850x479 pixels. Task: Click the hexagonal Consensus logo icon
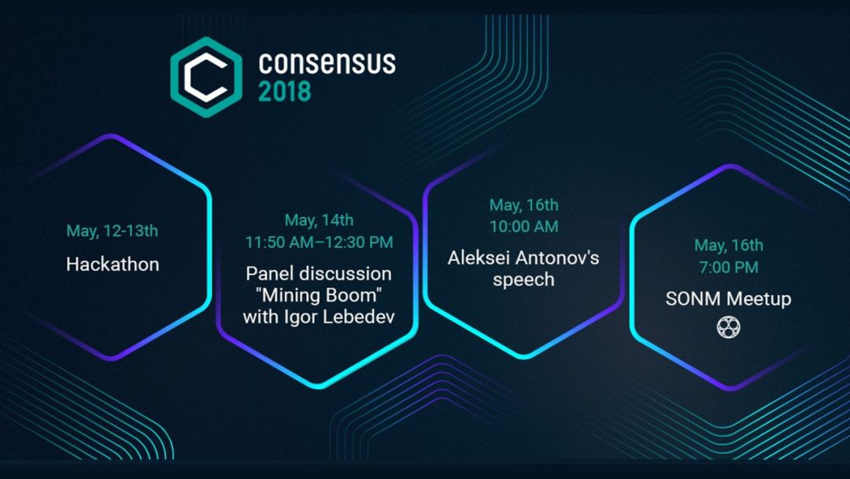[x=206, y=77]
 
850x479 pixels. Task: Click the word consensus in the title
[x=327, y=63]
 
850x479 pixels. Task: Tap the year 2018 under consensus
[x=285, y=91]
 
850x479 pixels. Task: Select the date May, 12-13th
[x=113, y=231]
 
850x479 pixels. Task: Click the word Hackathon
[x=113, y=264]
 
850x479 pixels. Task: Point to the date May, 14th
[x=319, y=221]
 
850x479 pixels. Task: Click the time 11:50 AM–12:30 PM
[x=319, y=242]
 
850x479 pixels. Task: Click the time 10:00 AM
[x=523, y=226]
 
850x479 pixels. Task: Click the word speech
[x=523, y=280]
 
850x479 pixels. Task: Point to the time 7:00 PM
[x=729, y=267]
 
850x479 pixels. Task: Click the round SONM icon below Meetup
[x=728, y=327]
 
